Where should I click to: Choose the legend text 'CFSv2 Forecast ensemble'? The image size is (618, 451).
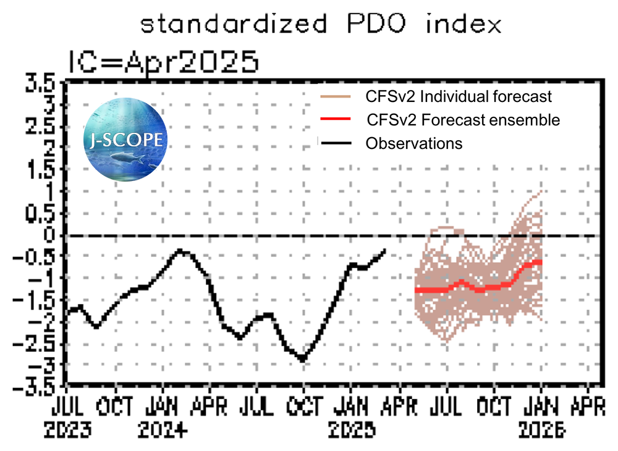(x=463, y=119)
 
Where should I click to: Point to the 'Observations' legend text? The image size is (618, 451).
(x=413, y=143)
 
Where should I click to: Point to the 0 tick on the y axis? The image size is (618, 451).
(x=51, y=235)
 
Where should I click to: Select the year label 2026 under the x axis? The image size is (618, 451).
(x=542, y=429)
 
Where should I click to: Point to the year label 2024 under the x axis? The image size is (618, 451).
(x=161, y=429)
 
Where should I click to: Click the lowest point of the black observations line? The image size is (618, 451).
(x=302, y=360)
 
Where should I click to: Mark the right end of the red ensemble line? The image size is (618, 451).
(x=541, y=262)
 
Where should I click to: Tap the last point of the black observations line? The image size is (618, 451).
(x=384, y=250)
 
